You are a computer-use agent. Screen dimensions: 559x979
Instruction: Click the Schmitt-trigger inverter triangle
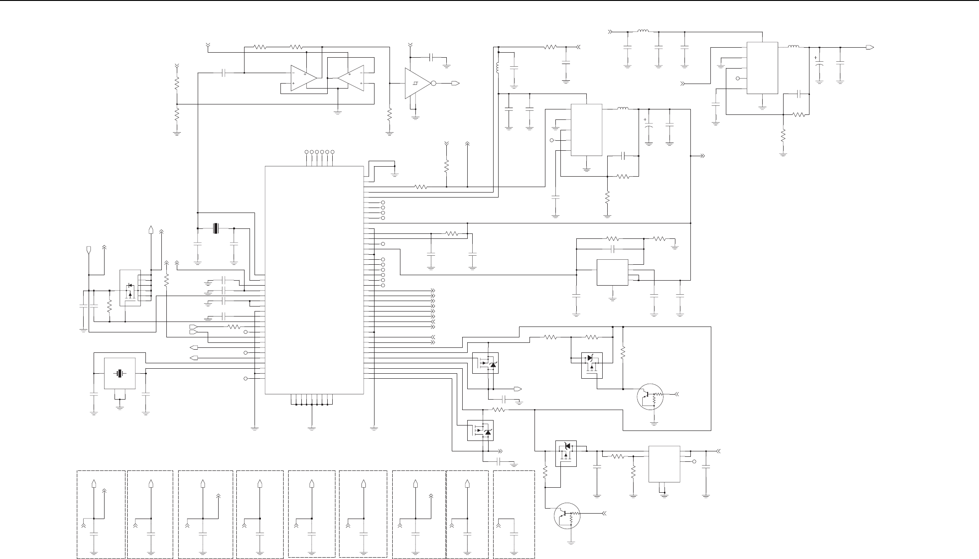point(416,84)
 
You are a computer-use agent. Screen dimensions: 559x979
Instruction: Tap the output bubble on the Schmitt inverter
point(434,84)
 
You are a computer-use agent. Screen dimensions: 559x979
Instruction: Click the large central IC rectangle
point(314,280)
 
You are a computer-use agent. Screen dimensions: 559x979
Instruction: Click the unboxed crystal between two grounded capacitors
point(216,228)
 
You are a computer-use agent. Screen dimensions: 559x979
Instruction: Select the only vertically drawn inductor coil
point(498,69)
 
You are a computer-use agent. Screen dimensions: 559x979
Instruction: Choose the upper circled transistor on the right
point(650,397)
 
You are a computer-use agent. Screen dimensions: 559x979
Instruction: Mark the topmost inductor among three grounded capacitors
point(643,32)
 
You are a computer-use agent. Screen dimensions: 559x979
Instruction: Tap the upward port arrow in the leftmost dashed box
point(94,484)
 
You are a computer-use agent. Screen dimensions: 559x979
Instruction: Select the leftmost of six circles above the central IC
point(306,152)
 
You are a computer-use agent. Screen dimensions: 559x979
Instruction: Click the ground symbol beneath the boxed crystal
point(120,407)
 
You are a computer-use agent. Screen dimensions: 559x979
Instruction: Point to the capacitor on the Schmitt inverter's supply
point(432,57)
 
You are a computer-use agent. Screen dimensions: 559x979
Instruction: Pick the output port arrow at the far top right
point(869,47)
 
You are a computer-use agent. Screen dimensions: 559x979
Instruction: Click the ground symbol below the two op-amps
point(337,111)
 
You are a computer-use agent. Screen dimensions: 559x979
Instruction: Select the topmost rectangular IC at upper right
point(762,68)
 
